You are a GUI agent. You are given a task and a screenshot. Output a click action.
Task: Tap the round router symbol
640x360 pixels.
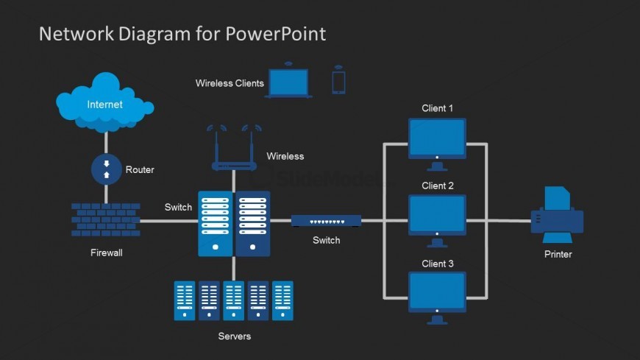tap(106, 169)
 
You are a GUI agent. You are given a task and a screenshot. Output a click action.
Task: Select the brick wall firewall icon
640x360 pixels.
tap(106, 220)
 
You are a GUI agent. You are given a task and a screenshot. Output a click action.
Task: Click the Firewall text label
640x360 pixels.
tap(106, 253)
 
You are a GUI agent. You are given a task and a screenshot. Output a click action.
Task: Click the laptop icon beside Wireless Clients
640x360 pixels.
tap(289, 82)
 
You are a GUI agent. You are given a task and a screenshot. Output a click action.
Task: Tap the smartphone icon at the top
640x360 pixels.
tap(338, 81)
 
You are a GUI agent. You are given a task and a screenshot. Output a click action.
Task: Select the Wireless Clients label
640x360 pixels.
tap(230, 83)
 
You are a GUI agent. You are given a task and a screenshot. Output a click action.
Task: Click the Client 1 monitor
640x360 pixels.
tap(437, 138)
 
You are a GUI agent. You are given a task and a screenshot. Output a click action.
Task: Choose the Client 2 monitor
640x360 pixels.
tap(437, 216)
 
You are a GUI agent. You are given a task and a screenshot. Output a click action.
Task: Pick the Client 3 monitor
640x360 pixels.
tap(437, 293)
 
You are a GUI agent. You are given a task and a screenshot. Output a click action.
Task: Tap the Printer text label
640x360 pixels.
tap(558, 254)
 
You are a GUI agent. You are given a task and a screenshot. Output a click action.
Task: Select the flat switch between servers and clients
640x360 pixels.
tap(326, 220)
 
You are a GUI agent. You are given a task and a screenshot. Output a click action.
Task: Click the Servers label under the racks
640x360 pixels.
tap(234, 336)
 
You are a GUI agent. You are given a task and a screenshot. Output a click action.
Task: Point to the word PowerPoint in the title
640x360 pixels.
tap(276, 34)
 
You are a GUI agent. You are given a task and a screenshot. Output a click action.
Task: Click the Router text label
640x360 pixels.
tap(140, 169)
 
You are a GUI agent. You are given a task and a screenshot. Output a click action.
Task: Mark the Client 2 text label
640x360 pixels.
tap(437, 186)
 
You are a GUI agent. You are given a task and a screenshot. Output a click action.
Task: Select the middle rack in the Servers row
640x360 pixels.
tap(234, 300)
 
